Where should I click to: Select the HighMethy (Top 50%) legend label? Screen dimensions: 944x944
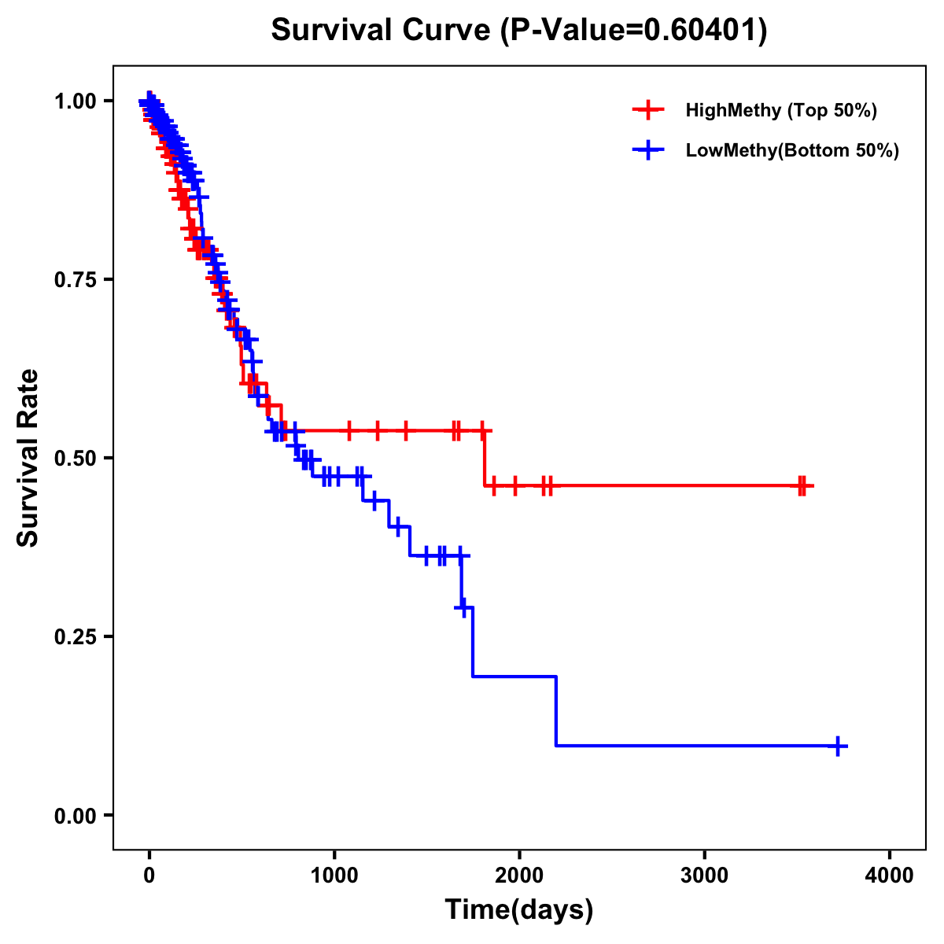(780, 110)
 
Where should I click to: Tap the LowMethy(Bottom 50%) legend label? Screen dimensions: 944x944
(792, 151)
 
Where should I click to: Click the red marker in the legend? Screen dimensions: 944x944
(648, 110)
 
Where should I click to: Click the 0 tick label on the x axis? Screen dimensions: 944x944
(149, 876)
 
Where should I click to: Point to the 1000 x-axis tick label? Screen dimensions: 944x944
(334, 876)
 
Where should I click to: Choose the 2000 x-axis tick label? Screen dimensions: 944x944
(519, 876)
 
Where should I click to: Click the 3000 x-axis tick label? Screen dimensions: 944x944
(704, 876)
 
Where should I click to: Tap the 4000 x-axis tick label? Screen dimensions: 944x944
(890, 876)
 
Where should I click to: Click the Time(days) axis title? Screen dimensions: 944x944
(519, 910)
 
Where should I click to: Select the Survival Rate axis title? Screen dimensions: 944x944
(28, 458)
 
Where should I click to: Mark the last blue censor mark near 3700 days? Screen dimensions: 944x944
(839, 745)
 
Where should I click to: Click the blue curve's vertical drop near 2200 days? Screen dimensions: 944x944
(556, 710)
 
